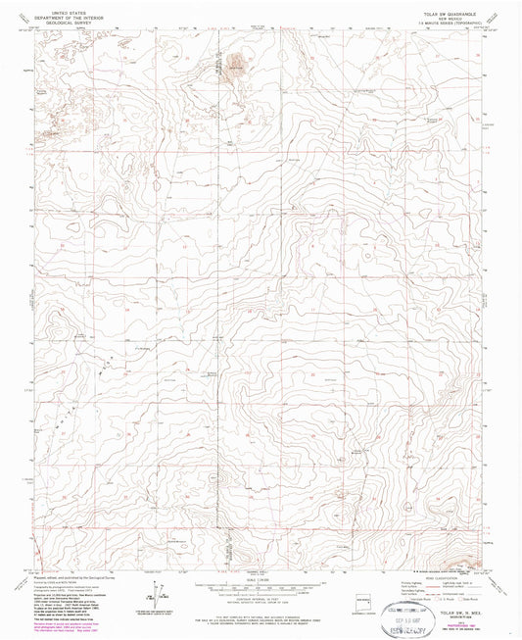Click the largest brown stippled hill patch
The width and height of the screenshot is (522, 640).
click(234, 67)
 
